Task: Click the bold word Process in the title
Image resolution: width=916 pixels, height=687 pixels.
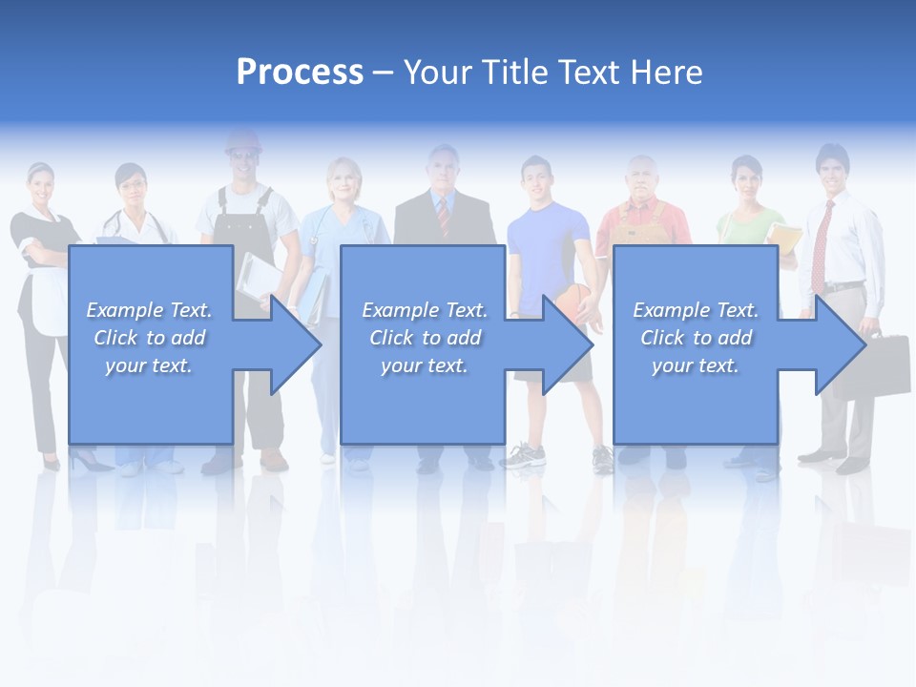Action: (300, 72)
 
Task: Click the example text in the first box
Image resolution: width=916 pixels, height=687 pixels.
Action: (150, 338)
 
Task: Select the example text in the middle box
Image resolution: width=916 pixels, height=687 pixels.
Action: (425, 338)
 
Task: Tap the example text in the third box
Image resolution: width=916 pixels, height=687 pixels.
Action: (696, 338)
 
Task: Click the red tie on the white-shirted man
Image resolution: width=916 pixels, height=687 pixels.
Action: (820, 245)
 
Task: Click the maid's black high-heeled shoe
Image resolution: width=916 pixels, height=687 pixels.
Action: (86, 462)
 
